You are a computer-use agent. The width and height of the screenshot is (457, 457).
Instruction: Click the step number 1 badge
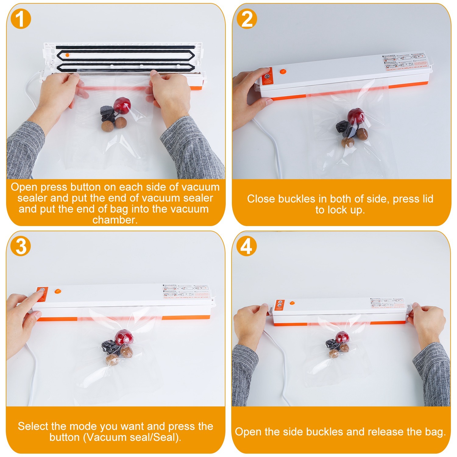pyautogui.click(x=21, y=19)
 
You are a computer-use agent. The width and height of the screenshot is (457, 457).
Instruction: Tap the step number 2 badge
pyautogui.click(x=247, y=19)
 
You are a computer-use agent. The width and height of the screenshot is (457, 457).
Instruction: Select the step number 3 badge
pyautogui.click(x=21, y=246)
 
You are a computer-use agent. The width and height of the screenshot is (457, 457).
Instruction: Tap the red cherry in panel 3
pyautogui.click(x=122, y=337)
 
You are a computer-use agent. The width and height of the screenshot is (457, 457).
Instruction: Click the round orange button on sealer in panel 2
pyautogui.click(x=283, y=72)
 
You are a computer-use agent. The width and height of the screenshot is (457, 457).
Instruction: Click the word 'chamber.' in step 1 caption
pyautogui.click(x=115, y=220)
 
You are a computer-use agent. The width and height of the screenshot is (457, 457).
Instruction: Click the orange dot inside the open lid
pyautogui.click(x=67, y=55)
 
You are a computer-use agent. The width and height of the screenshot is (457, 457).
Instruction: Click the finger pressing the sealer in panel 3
pyautogui.click(x=37, y=296)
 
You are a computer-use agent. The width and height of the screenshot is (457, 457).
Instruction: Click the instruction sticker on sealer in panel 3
pyautogui.click(x=186, y=292)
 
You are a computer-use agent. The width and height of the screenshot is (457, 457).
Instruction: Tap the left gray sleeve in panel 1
pyautogui.click(x=24, y=149)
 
